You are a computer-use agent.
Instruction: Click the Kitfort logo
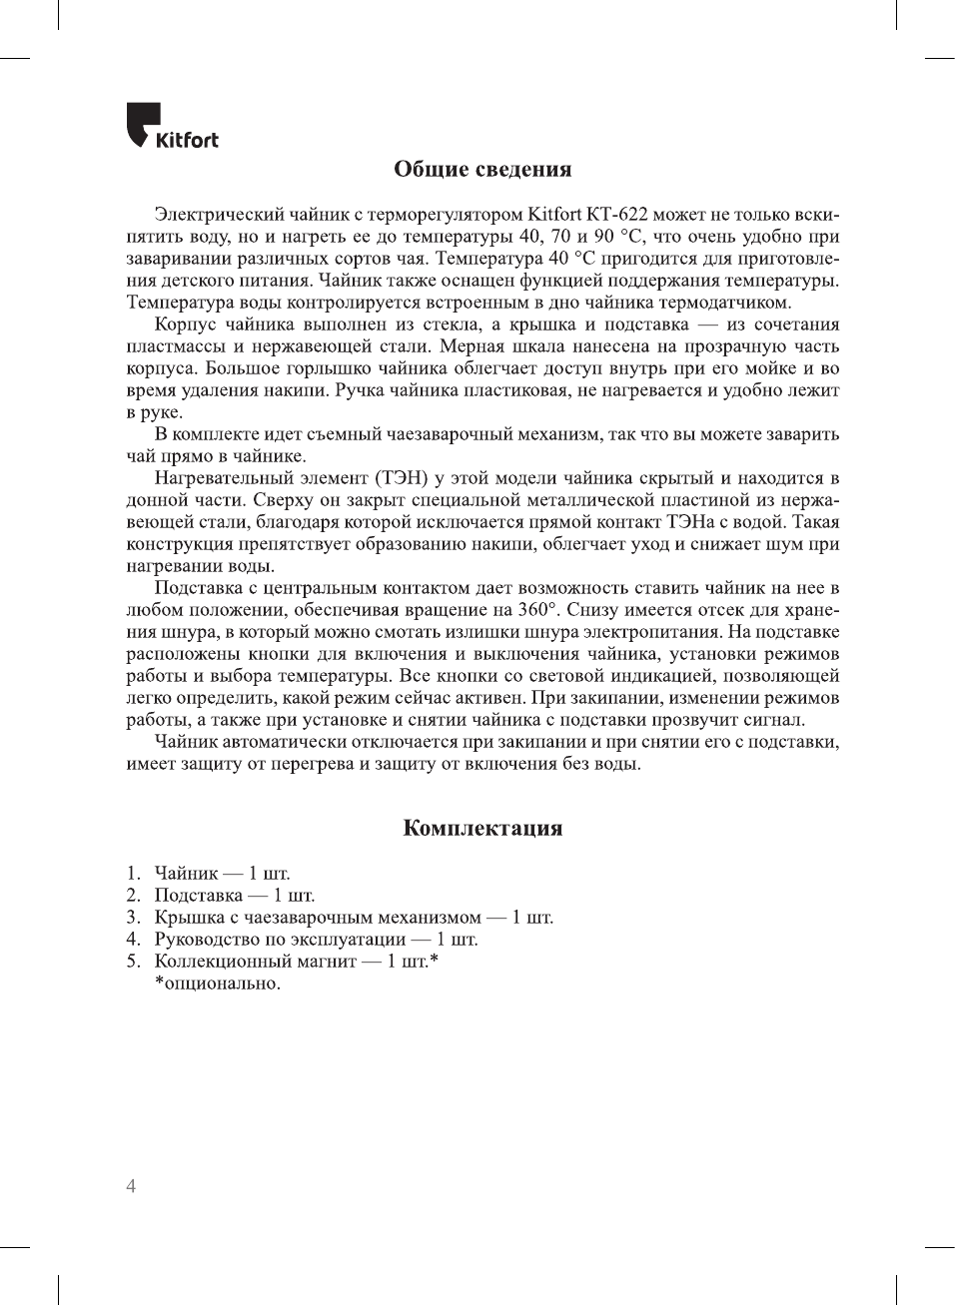click(x=172, y=127)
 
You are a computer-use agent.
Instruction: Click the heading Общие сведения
click(x=482, y=169)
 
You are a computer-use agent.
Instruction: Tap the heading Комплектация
click(x=482, y=828)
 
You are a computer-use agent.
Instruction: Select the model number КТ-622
click(x=617, y=215)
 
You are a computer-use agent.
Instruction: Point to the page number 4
click(x=131, y=1186)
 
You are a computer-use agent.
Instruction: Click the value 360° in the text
click(x=539, y=610)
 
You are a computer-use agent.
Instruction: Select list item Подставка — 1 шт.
click(x=234, y=896)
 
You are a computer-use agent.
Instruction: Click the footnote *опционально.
click(x=217, y=983)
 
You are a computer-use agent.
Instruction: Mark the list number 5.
click(x=133, y=962)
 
